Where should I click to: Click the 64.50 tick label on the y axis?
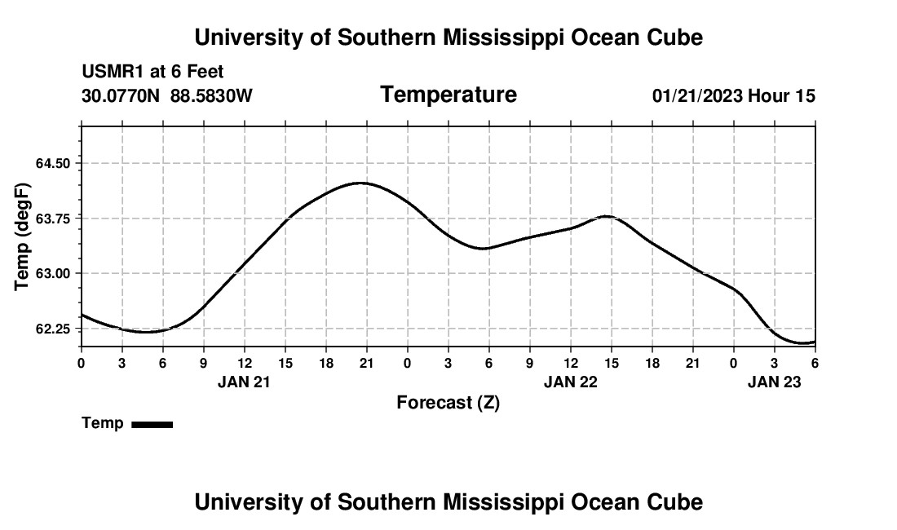tap(54, 163)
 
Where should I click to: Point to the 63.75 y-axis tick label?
tap(54, 219)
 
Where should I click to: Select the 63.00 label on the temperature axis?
tap(54, 273)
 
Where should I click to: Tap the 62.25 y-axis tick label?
tap(54, 329)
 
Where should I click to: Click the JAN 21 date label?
tap(244, 382)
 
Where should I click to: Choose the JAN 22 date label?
tap(570, 382)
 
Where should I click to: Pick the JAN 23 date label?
tap(775, 382)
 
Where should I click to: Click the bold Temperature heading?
tap(448, 95)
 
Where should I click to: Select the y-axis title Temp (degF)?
tap(23, 236)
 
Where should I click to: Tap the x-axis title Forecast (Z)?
tap(448, 403)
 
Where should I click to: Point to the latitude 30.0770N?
tap(122, 96)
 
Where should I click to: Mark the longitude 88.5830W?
tap(211, 96)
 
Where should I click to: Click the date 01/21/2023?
tap(697, 96)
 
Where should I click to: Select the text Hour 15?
tap(781, 96)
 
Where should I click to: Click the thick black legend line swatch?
tap(152, 424)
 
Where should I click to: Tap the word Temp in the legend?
tap(103, 423)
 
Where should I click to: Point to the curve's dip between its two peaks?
tap(484, 248)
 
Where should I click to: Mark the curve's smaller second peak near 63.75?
tap(606, 216)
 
